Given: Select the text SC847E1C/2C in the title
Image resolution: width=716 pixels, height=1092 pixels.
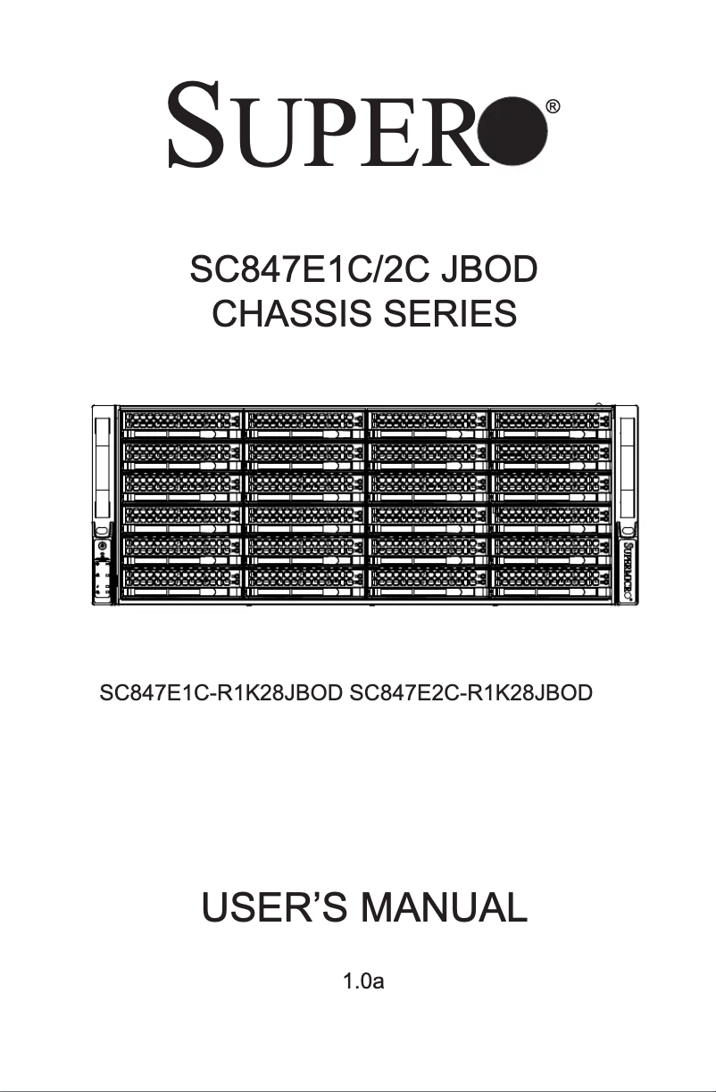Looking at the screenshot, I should (297, 269).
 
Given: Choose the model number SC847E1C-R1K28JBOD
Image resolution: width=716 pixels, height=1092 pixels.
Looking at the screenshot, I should (222, 692).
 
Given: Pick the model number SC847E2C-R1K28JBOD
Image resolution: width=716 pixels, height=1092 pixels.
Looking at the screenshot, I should (472, 692).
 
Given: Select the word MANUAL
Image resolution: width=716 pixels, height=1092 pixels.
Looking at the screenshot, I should (443, 907).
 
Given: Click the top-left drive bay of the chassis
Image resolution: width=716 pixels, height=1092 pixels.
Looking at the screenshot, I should (180, 423).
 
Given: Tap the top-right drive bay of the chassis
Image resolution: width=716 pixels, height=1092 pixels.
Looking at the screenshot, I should (551, 423).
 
